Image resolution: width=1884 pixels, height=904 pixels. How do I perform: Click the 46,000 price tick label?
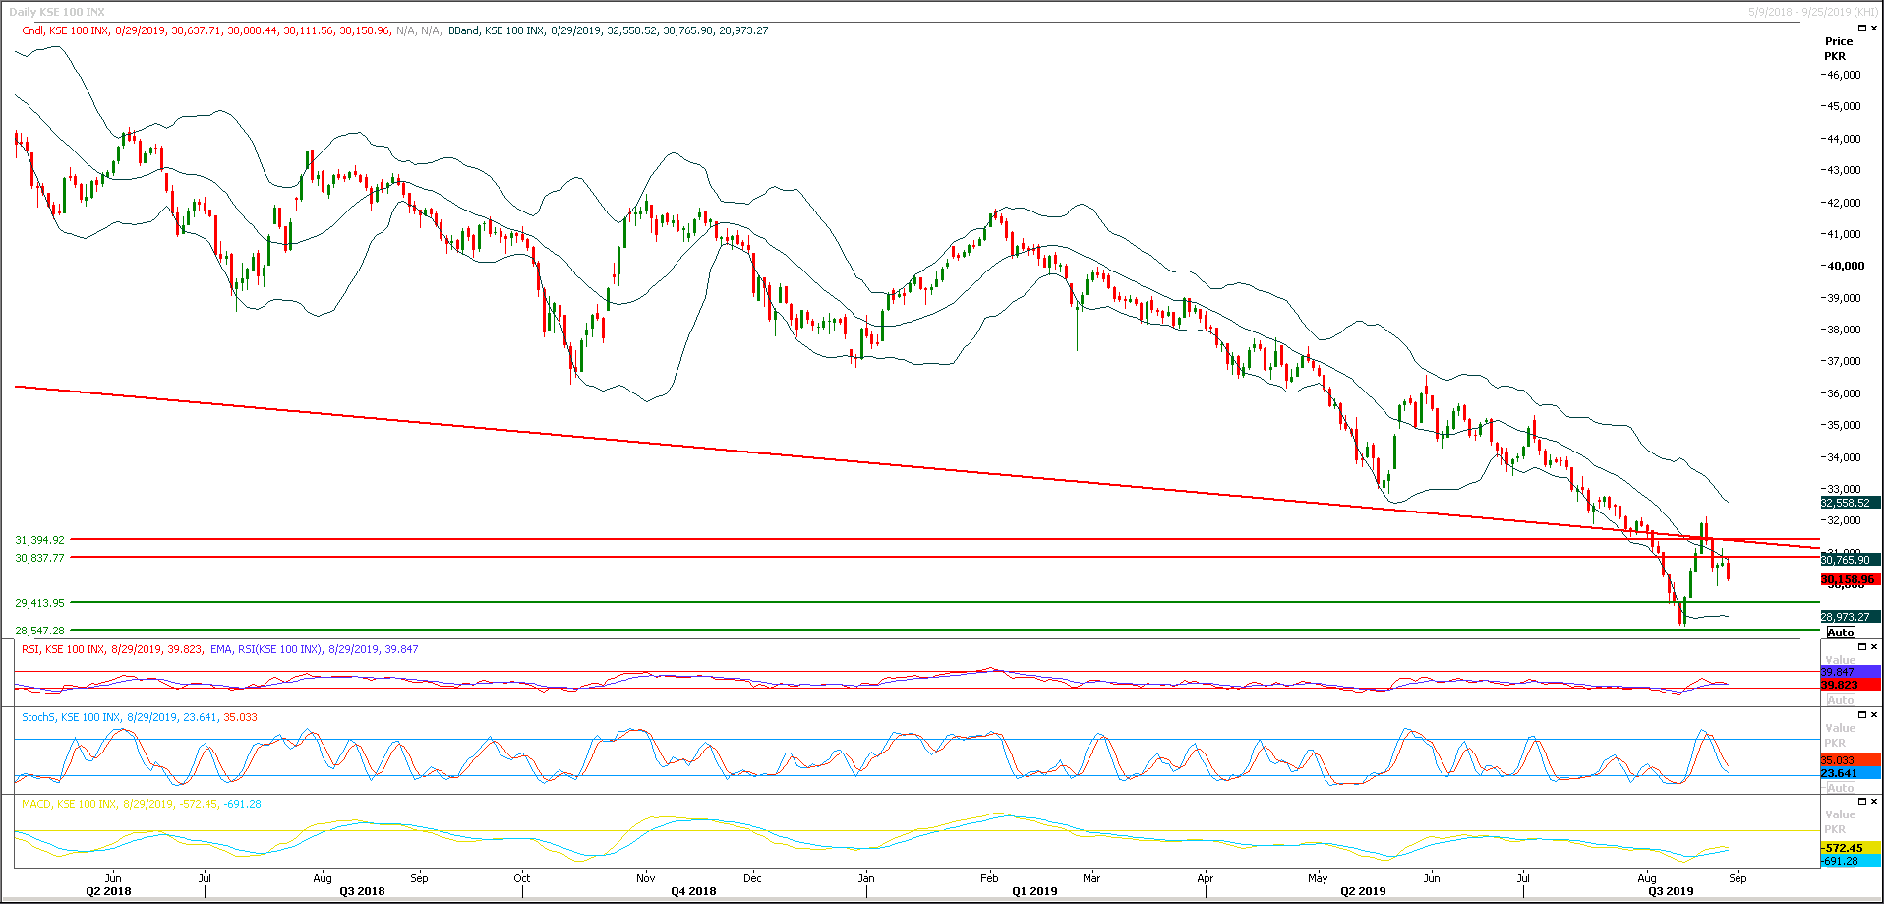coord(1843,75)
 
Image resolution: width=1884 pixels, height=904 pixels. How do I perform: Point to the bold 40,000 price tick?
coord(1845,266)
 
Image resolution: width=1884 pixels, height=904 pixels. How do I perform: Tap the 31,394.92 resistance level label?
coord(39,540)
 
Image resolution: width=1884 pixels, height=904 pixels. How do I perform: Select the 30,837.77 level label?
coord(39,558)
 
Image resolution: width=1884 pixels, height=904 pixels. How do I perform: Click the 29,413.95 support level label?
coord(39,603)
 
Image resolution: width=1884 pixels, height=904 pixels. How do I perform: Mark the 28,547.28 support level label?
coord(39,631)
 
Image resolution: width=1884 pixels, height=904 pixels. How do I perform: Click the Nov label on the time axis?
coord(645,878)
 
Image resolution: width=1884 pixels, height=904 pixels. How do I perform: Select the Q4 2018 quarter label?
coord(693,891)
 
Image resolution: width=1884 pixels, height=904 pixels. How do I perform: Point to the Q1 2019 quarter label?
coord(1034,891)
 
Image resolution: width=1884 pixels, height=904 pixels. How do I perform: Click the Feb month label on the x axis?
coord(989,878)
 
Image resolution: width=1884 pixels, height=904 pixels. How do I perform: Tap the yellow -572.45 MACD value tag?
coord(1842,848)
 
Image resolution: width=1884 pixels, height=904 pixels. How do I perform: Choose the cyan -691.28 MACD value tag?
coord(1840,861)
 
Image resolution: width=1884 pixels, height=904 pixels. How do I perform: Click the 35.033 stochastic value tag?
coord(1838,760)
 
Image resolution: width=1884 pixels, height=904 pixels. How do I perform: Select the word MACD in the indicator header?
coord(36,804)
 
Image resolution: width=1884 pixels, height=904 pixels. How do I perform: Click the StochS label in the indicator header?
coord(38,717)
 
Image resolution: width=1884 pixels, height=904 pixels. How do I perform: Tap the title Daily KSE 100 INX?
coord(57,12)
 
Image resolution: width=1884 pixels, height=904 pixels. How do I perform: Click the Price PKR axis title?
coord(1838,48)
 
